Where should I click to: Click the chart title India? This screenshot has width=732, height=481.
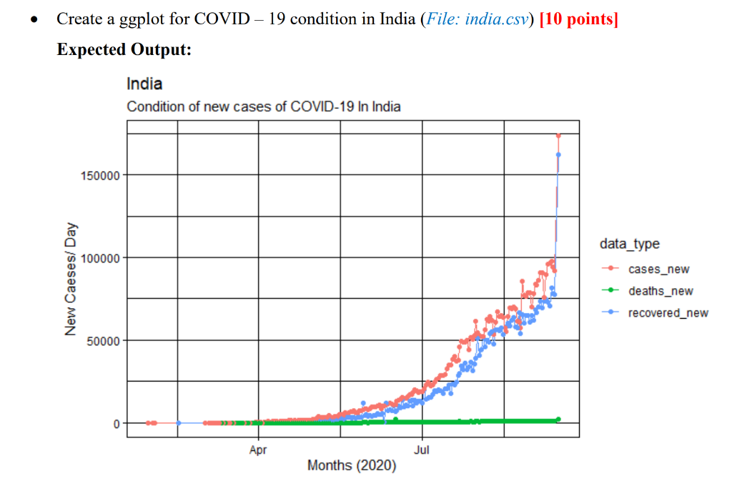[x=144, y=84]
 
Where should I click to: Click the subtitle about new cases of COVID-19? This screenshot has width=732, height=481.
[x=263, y=107]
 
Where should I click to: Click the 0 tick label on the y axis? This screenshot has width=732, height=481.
[x=116, y=423]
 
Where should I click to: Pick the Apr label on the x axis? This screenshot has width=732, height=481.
[x=258, y=450]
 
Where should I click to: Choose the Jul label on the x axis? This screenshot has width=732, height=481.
[x=422, y=450]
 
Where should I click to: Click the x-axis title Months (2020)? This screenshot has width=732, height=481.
[x=352, y=466]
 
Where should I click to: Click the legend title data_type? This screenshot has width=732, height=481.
[x=629, y=244]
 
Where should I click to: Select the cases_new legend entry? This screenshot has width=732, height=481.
[x=658, y=269]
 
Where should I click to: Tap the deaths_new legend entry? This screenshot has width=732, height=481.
[x=660, y=291]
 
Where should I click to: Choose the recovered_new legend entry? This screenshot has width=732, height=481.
[x=668, y=313]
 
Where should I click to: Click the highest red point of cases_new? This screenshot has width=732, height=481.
[x=558, y=135]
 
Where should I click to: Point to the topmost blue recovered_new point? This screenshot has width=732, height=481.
[x=558, y=154]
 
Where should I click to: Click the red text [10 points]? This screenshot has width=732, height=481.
[x=579, y=19]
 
